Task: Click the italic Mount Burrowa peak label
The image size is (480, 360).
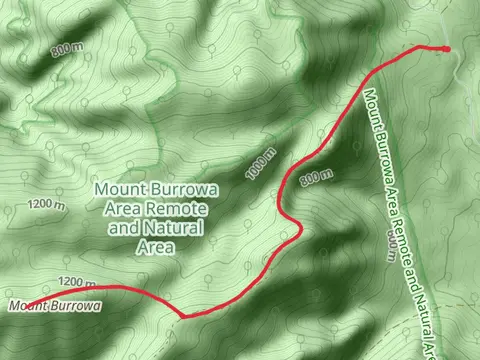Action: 55,305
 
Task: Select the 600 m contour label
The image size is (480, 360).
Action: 389,241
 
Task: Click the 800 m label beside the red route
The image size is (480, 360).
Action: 314,176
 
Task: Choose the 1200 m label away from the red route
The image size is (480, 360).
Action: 45,205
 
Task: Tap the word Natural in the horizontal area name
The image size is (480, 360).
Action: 181,228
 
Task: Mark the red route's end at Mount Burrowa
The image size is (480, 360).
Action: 22,306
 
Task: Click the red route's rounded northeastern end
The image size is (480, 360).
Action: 446,48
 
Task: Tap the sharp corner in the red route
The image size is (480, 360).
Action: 183,316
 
